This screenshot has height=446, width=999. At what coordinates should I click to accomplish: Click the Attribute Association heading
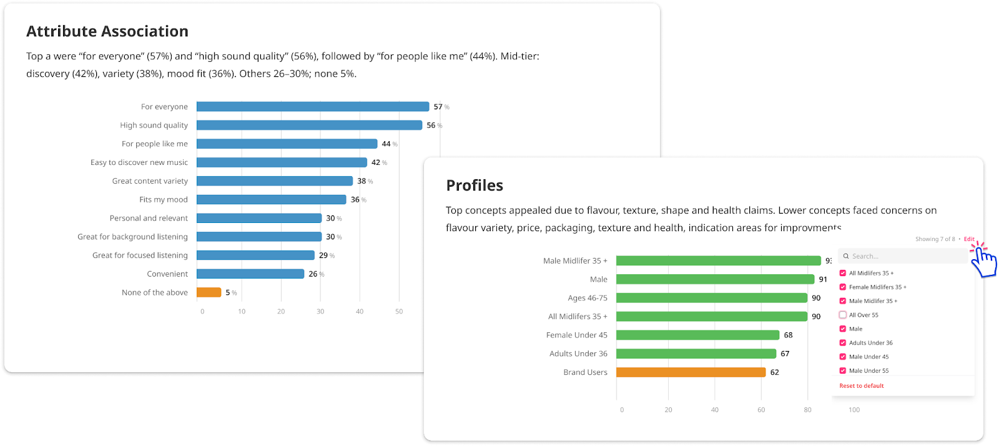107,31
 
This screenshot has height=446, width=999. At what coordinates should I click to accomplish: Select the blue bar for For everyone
312,107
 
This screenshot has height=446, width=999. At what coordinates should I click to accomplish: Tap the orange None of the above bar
209,292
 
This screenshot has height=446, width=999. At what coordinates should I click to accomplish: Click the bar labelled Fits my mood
271,200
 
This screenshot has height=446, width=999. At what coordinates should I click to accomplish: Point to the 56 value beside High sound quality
431,126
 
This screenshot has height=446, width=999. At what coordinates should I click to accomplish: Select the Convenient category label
167,274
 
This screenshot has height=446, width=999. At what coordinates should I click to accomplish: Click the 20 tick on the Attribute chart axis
281,311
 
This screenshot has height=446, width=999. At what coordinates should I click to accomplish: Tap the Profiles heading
475,186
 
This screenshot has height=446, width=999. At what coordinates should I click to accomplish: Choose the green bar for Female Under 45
697,335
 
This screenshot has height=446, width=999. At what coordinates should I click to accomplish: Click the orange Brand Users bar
691,372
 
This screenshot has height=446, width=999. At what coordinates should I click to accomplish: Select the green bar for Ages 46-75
712,298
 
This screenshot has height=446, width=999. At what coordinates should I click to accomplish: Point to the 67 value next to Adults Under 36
785,354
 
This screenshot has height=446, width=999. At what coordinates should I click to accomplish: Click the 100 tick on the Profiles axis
854,410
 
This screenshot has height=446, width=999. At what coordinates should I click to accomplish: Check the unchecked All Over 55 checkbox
843,315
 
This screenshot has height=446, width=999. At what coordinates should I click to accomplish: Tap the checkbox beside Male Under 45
843,357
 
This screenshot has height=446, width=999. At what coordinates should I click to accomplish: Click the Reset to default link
861,386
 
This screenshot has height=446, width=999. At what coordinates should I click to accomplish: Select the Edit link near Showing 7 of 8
968,239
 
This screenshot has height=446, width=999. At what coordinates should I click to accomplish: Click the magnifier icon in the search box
846,256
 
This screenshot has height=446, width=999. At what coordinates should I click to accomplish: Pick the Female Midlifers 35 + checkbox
843,287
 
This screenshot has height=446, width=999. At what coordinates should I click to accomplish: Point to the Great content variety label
150,181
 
